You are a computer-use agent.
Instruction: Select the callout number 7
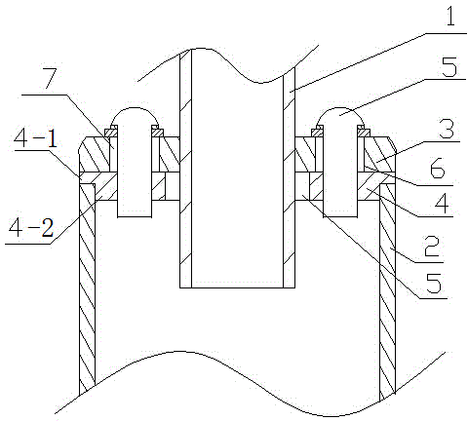click(x=52, y=78)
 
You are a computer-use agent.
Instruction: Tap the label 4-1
click(x=35, y=139)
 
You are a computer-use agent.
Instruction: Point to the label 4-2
click(x=31, y=227)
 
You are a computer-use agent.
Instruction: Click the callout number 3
click(x=447, y=129)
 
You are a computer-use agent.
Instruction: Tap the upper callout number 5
click(x=449, y=67)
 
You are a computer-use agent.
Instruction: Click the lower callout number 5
click(x=434, y=283)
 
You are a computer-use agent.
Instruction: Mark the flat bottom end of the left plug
click(x=135, y=216)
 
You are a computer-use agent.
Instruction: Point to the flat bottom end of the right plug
click(x=340, y=216)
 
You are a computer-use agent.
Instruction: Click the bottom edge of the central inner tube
click(x=237, y=287)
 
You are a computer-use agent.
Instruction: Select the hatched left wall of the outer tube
click(x=88, y=286)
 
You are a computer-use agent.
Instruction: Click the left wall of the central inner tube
click(x=185, y=169)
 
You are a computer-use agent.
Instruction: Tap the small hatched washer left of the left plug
click(x=110, y=133)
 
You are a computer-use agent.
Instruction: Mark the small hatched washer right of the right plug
click(x=364, y=133)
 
